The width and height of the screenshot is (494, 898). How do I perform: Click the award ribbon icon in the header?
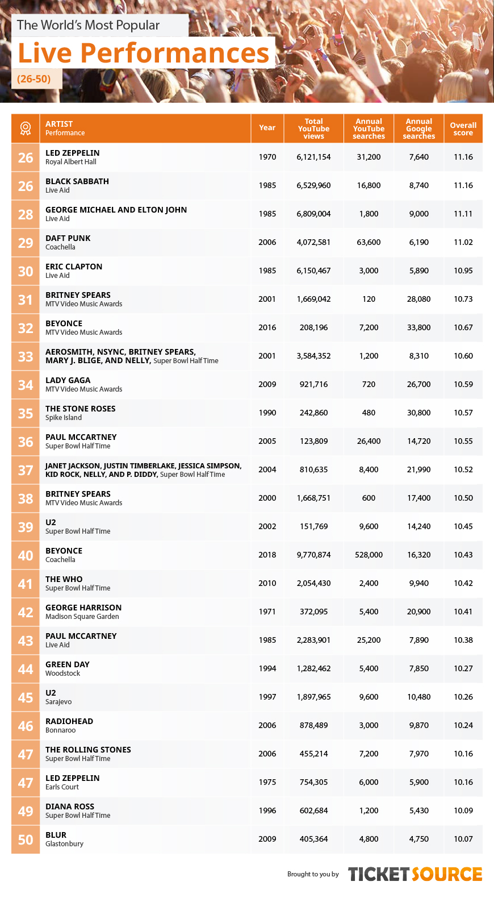tap(25, 128)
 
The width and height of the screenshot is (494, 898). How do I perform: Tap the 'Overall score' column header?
tap(463, 128)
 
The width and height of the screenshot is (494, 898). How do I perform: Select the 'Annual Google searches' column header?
tap(418, 128)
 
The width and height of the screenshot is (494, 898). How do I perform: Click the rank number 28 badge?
tap(26, 214)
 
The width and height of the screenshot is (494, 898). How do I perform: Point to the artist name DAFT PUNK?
tap(68, 238)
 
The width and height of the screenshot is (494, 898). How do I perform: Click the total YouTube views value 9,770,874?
tap(313, 555)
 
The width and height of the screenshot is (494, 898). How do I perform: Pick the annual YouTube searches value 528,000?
tap(369, 555)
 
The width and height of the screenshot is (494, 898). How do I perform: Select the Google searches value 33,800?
tap(418, 327)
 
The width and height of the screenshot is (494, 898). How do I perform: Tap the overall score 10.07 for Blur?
tap(463, 839)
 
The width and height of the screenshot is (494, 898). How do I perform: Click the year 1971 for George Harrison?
tap(267, 612)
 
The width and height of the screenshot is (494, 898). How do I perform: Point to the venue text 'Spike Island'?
tap(63, 418)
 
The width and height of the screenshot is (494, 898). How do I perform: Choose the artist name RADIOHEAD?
tap(69, 721)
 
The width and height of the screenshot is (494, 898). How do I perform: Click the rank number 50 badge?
tap(26, 839)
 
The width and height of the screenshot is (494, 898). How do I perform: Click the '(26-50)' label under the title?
tap(34, 78)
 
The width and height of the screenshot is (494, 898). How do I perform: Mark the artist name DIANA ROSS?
tap(70, 806)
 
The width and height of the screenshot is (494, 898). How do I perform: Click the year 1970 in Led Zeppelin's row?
tap(267, 157)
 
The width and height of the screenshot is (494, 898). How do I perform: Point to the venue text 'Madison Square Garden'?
tap(82, 617)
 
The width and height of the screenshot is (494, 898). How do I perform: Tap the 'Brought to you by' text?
tap(313, 874)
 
